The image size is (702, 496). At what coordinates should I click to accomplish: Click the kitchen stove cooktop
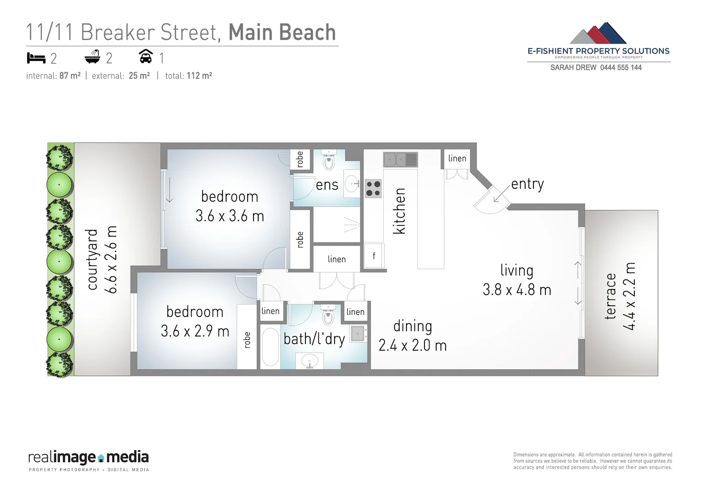(x=373, y=188)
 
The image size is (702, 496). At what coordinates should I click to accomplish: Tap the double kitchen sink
(x=400, y=160)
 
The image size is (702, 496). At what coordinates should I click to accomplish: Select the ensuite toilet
(x=328, y=161)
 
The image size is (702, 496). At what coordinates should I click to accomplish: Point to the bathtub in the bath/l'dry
(x=270, y=347)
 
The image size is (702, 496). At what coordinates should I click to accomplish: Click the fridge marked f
(x=374, y=256)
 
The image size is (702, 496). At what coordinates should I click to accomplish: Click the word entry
(x=527, y=184)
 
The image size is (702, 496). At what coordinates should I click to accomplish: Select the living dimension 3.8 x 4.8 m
(x=516, y=290)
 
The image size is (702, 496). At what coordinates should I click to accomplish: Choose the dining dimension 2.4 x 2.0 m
(x=412, y=345)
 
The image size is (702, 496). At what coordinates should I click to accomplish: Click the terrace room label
(x=610, y=296)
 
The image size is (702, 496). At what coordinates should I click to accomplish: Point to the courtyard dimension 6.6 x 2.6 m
(x=112, y=259)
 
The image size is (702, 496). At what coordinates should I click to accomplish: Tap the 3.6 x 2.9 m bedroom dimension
(x=195, y=331)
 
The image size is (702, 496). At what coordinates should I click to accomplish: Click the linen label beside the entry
(x=457, y=158)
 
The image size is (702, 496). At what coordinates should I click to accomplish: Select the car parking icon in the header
(x=146, y=56)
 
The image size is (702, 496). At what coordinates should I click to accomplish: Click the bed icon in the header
(x=36, y=58)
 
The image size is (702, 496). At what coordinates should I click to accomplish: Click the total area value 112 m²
(x=199, y=76)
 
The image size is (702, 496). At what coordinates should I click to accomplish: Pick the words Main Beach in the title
(x=282, y=32)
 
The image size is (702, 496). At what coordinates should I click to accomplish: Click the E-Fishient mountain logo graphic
(x=598, y=33)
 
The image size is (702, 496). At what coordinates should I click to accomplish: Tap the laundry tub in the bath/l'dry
(x=357, y=333)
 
